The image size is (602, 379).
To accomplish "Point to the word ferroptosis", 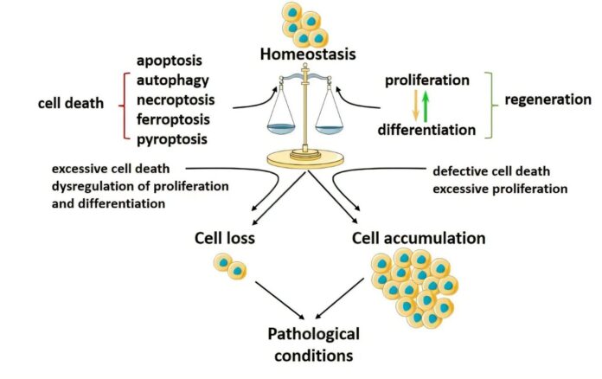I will click(177, 119).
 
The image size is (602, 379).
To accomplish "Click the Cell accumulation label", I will click(419, 237).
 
